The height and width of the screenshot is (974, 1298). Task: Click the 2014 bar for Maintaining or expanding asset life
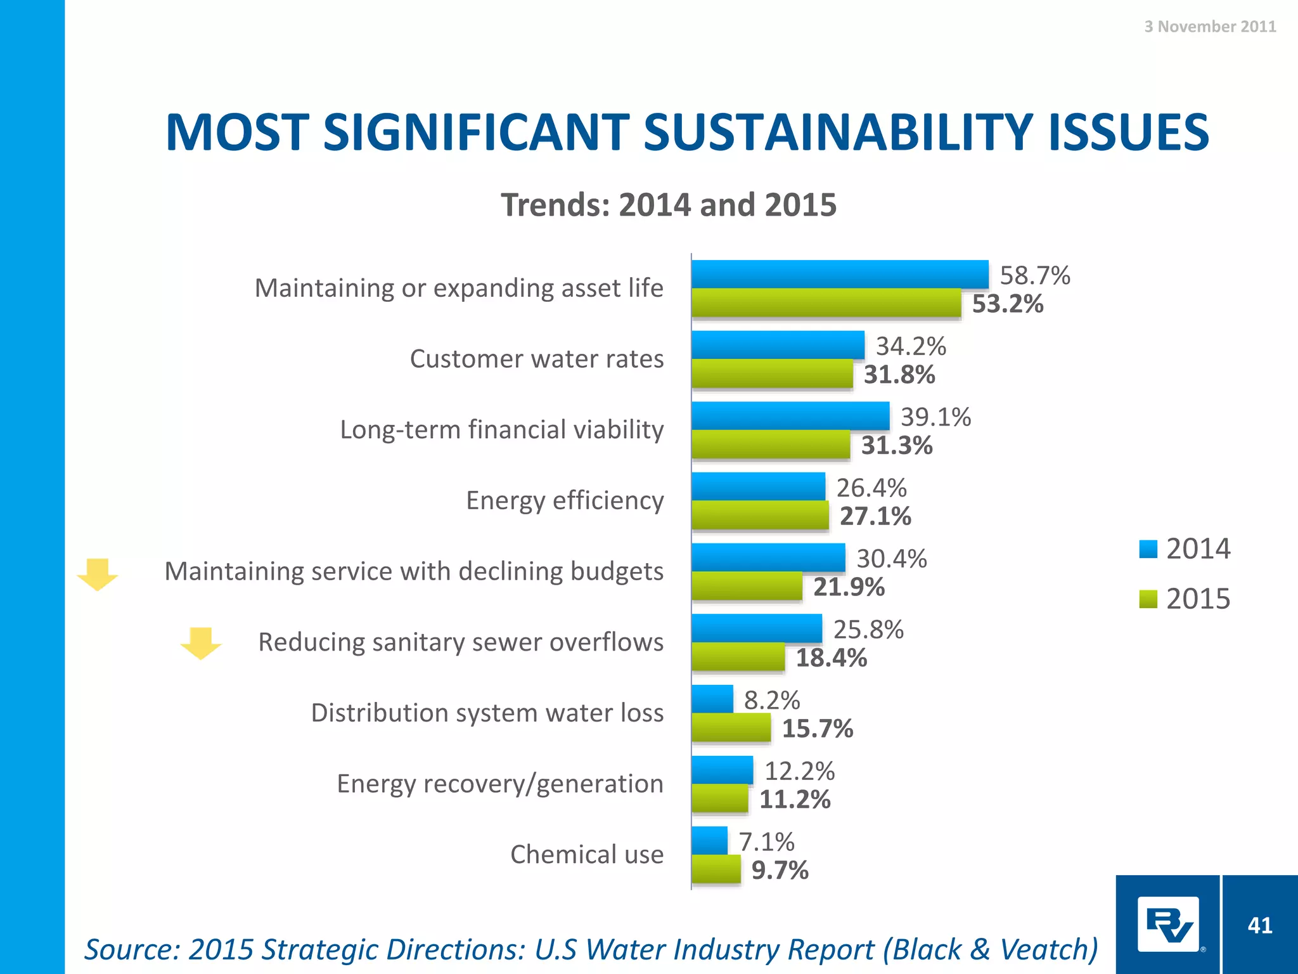pos(840,274)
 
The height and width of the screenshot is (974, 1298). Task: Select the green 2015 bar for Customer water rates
pos(772,373)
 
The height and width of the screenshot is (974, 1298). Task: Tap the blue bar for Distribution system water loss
pos(712,699)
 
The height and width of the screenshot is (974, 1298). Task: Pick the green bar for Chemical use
pos(716,869)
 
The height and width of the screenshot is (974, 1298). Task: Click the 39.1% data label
pos(935,417)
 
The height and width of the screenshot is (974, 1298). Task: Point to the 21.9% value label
pos(849,587)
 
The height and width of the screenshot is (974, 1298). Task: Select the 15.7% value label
pos(817,729)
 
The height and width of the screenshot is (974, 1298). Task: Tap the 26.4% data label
pos(871,488)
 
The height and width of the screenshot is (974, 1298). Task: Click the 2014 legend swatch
pos(1148,549)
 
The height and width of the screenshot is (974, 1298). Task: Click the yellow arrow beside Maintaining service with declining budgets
pos(98,575)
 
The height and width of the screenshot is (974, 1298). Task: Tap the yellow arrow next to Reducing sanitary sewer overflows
pos(201,643)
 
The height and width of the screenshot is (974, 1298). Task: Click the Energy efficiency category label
pos(565,500)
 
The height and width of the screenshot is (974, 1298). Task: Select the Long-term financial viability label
pos(501,429)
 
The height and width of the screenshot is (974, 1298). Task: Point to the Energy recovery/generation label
pos(499,784)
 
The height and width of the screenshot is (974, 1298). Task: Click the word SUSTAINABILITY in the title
pos(839,133)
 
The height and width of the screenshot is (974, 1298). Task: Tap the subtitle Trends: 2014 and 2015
pos(668,205)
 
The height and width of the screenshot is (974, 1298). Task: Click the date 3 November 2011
pos(1209,26)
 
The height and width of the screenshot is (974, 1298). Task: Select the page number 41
pos(1259,925)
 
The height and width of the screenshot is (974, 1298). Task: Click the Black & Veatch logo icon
pos(1167,924)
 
